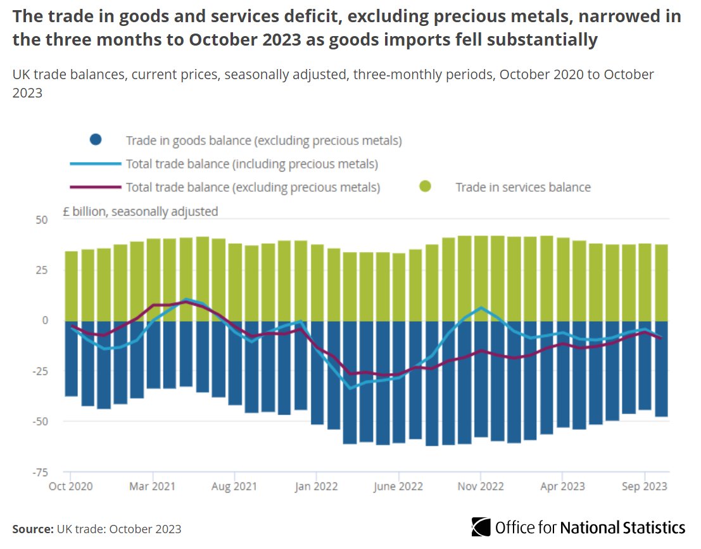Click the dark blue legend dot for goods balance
pos(96,141)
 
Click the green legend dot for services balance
pos(426,187)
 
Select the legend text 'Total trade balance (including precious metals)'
pos(251,164)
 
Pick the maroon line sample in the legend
pos(94,187)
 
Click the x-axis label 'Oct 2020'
pos(71,486)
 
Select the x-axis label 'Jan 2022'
pos(316,486)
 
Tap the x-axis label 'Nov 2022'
pos(481,486)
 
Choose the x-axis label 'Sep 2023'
pos(645,486)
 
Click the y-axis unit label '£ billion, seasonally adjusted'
pos(140,211)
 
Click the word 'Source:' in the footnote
pos(32,529)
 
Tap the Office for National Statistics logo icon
pos(481,527)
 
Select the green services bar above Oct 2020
pos(72,286)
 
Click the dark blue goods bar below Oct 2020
pos(72,358)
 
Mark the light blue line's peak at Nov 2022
pos(481,308)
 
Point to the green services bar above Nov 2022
pos(481,278)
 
